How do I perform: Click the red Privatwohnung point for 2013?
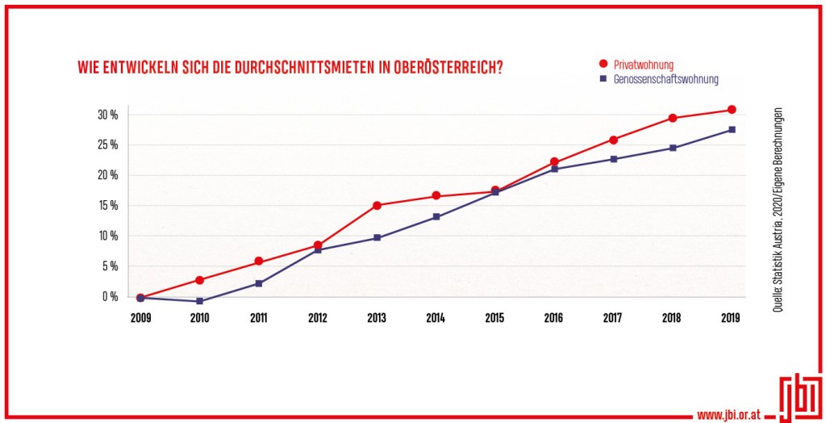(377, 205)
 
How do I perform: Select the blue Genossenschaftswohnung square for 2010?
(199, 301)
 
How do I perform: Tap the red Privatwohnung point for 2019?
(732, 110)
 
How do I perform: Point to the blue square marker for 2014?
(436, 216)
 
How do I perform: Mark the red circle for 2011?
(258, 262)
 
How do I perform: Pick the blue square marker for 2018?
(673, 148)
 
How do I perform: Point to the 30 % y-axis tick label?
(108, 115)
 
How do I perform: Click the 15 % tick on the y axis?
(108, 205)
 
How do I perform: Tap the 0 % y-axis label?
(111, 296)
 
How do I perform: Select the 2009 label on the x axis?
(140, 318)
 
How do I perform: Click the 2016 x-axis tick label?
(554, 318)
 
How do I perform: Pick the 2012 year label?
(318, 318)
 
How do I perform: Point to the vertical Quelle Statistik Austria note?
(777, 209)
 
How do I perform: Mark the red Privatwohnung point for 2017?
(613, 140)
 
